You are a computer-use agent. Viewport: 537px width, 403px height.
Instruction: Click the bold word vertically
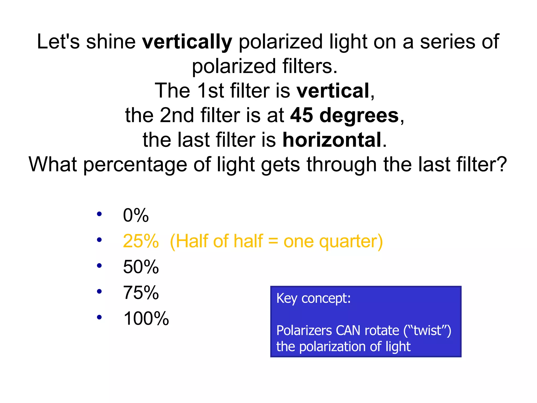pos(187,42)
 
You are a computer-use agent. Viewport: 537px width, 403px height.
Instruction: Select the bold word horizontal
pos(332,140)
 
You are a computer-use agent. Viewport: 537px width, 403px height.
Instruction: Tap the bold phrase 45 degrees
pos(344,115)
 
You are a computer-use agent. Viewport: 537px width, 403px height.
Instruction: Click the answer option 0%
pos(136,215)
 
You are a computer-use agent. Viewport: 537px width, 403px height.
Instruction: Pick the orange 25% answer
pos(141,241)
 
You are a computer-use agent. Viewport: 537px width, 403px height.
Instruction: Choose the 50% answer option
pos(141,267)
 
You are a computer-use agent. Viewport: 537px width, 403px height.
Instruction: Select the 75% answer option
pos(141,293)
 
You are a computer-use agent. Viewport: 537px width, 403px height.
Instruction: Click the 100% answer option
pos(146,319)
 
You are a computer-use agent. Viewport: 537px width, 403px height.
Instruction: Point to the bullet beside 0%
pos(99,214)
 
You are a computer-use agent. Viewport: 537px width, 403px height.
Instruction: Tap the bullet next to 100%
pos(99,317)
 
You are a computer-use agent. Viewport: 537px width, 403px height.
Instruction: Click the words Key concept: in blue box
pos(313,299)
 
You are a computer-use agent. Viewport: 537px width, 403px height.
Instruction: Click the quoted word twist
pos(427,331)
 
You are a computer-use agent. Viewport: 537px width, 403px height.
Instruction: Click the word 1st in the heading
pos(210,91)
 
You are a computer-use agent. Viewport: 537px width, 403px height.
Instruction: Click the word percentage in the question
pos(135,165)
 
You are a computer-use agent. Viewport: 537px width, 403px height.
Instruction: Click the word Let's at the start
pos(58,42)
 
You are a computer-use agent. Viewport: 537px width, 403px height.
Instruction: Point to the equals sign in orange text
pos(273,242)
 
